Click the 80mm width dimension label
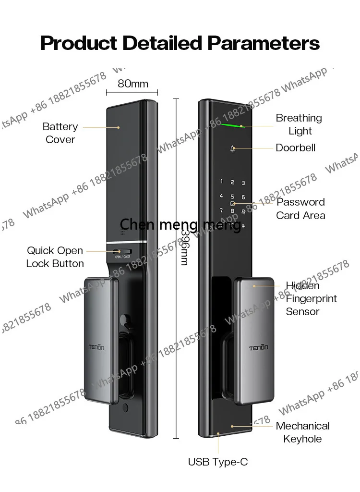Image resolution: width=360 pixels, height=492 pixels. pos(132,84)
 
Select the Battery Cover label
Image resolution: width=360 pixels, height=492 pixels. pos(60,133)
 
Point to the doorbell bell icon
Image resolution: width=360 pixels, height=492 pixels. pos(232,149)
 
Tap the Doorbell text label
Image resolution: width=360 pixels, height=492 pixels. pos(295,148)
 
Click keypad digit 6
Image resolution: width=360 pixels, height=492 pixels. pos(243,197)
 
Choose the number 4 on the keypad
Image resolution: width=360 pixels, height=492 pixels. pos(221,196)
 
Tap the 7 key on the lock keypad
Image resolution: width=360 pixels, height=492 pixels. pos(221,210)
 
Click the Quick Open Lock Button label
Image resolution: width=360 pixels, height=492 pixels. pos(55,257)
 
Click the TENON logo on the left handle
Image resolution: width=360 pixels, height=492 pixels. pos(96,347)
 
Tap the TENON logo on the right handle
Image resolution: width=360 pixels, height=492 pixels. pos(258,348)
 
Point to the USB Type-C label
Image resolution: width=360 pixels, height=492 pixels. pos(218,462)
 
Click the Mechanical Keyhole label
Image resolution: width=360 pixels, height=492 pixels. pos(302,432)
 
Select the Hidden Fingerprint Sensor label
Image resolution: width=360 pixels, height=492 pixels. pos(311,298)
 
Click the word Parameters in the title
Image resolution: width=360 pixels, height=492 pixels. pos(264,43)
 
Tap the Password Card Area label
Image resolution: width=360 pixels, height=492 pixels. pos(300,209)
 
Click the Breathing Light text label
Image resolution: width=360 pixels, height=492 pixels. pos(299,124)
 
